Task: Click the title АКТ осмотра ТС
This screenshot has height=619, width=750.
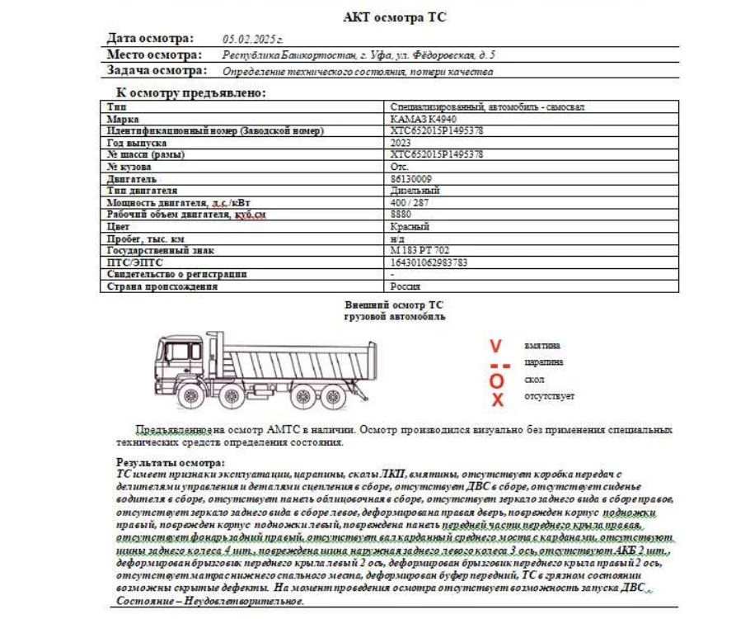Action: coord(395,17)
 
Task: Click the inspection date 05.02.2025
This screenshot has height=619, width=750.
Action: coord(253,39)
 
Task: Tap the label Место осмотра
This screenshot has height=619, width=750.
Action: coord(154,55)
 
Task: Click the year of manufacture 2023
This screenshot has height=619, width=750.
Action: coord(401,143)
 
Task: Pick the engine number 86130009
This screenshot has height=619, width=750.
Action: coord(411,178)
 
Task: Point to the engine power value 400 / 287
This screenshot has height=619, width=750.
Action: coord(410,202)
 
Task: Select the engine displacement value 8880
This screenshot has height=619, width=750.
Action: coord(401,215)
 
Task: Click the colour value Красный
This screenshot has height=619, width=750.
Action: coord(410,226)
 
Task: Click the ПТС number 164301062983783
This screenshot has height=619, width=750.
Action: coord(429,262)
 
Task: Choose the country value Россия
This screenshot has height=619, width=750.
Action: coord(405,286)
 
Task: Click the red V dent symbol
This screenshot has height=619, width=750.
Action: coord(495,346)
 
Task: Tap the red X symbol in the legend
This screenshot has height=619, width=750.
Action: coord(497,399)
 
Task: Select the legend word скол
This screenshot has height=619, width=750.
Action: coord(534,380)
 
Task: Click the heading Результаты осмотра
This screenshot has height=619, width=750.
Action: coord(170,463)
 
